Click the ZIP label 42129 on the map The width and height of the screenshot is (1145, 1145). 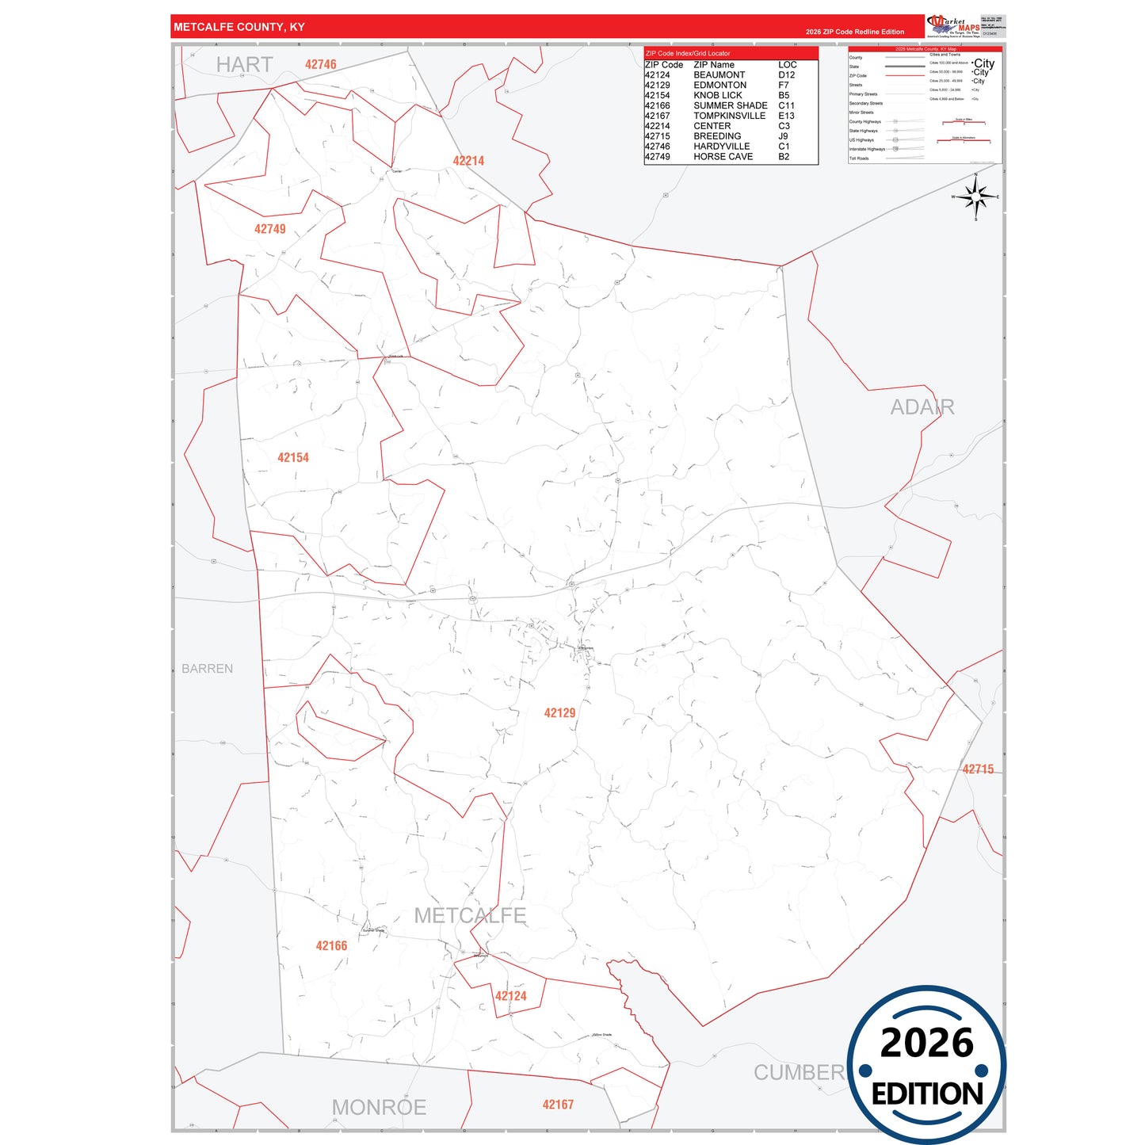tap(559, 713)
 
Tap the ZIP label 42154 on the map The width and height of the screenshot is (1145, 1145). tap(293, 458)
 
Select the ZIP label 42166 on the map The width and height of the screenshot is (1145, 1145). tap(331, 946)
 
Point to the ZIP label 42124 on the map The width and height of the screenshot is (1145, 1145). tap(510, 996)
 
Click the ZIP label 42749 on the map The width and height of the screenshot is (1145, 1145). tap(269, 229)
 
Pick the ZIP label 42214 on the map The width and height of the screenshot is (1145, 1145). tap(468, 161)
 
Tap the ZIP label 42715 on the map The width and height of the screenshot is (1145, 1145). tap(978, 769)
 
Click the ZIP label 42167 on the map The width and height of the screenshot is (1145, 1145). tap(558, 1105)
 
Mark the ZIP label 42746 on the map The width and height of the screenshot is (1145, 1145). tap(320, 65)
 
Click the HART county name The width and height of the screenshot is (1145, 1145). tap(244, 65)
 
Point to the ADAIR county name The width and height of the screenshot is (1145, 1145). tap(922, 407)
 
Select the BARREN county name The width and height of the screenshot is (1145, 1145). tap(208, 669)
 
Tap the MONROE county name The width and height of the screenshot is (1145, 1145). tap(379, 1107)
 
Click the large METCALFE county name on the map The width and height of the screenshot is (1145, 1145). tap(470, 916)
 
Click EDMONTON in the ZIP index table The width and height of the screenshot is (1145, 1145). tap(719, 85)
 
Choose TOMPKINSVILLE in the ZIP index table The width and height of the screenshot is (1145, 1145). tap(729, 116)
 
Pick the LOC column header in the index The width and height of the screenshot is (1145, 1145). tap(787, 65)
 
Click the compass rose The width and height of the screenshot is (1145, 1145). tap(976, 197)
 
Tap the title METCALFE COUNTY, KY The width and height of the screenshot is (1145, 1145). tap(239, 27)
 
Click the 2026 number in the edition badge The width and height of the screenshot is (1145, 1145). tap(926, 1043)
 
